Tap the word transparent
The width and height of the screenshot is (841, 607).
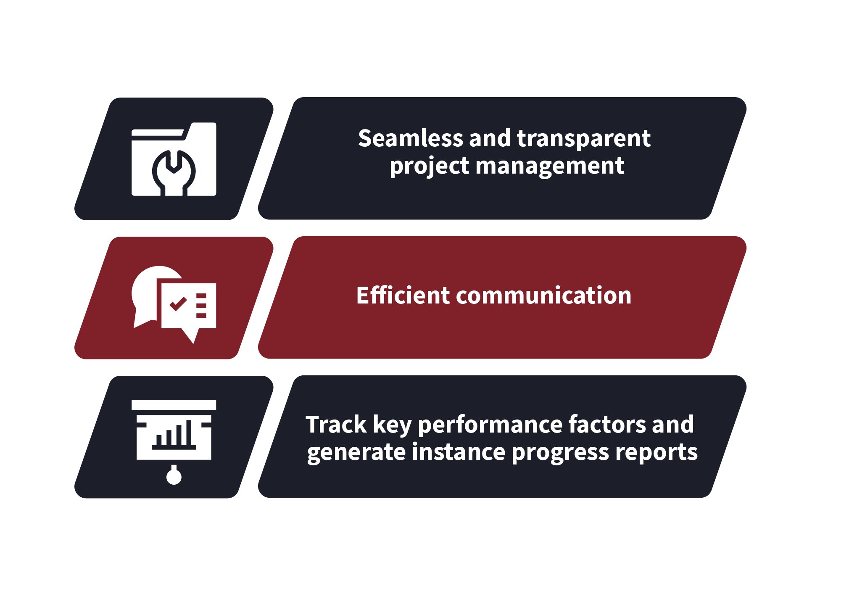pyautogui.click(x=584, y=139)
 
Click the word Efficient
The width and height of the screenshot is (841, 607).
pyautogui.click(x=403, y=295)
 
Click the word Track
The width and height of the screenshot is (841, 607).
pyautogui.click(x=336, y=424)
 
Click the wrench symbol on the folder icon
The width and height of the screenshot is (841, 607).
pyautogui.click(x=174, y=173)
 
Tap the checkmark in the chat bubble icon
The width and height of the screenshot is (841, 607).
pyautogui.click(x=178, y=303)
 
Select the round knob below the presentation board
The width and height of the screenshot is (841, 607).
pyautogui.click(x=174, y=476)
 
